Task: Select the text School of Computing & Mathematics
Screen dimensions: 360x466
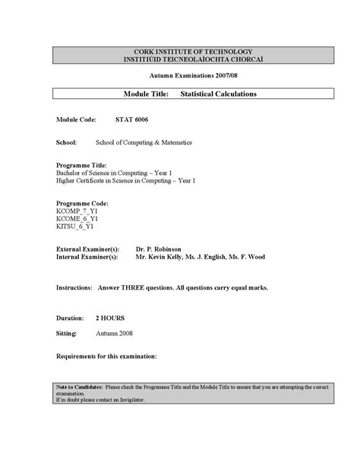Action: click(144, 142)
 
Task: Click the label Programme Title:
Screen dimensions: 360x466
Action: click(81, 165)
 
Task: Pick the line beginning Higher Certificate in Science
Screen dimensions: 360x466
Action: click(126, 181)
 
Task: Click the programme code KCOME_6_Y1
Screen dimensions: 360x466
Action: click(77, 219)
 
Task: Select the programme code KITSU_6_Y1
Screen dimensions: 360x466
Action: click(75, 227)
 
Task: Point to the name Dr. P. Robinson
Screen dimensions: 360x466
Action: click(159, 249)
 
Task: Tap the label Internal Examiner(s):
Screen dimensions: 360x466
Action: click(87, 257)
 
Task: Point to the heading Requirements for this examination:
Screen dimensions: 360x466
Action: click(106, 356)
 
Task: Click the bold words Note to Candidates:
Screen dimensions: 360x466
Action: click(80, 387)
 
